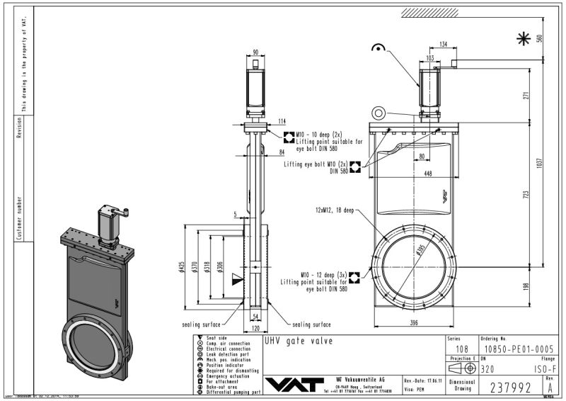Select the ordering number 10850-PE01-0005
click(512, 349)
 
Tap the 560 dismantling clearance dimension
click(559, 39)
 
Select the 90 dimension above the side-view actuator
click(256, 52)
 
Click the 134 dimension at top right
click(443, 44)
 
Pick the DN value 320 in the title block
click(487, 369)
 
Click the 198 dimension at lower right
click(539, 286)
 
